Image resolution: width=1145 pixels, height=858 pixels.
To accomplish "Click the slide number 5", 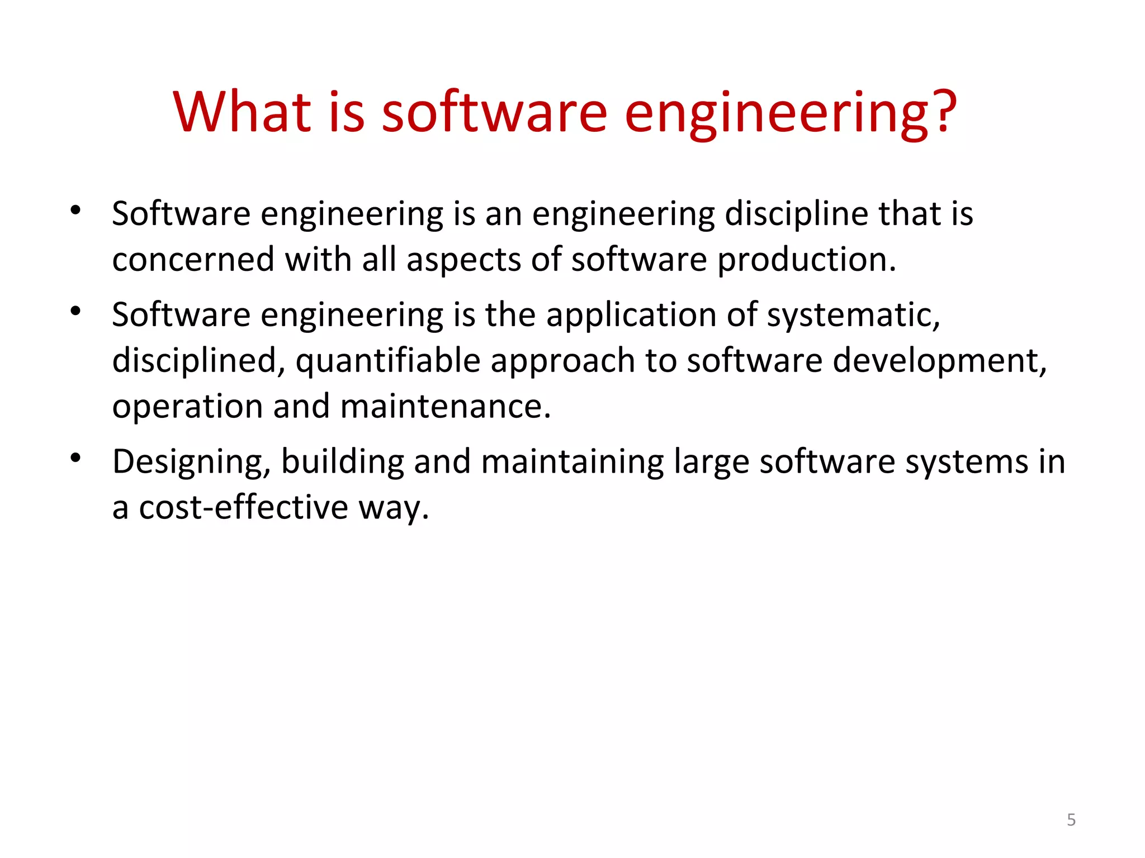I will [1071, 819].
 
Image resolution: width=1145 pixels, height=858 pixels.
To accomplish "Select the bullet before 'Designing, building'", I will [76, 459].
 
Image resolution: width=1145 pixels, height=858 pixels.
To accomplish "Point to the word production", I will [806, 260].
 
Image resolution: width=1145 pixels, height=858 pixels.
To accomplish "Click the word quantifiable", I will [388, 361].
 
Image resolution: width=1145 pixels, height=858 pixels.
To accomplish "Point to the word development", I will [939, 361].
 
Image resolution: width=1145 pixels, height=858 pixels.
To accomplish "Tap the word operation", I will [187, 407].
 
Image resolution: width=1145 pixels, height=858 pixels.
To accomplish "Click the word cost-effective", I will [244, 508].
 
